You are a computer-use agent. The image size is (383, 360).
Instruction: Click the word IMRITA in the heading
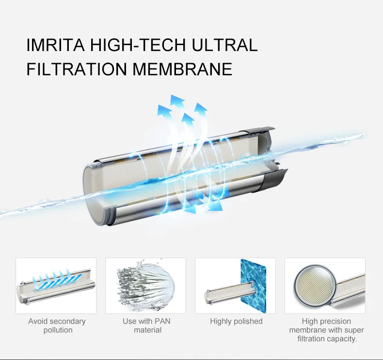pyautogui.click(x=56, y=45)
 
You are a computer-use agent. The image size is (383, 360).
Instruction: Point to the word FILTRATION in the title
pyautogui.click(x=77, y=69)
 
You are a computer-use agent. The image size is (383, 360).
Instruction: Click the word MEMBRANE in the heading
pyautogui.click(x=183, y=69)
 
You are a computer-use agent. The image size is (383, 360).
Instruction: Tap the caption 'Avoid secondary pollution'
pyautogui.click(x=57, y=326)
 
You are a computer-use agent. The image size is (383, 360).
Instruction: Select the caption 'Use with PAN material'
pyautogui.click(x=146, y=326)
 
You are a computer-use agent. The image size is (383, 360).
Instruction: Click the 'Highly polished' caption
pyautogui.click(x=236, y=321)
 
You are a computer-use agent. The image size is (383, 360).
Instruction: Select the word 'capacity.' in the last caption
pyautogui.click(x=342, y=339)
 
